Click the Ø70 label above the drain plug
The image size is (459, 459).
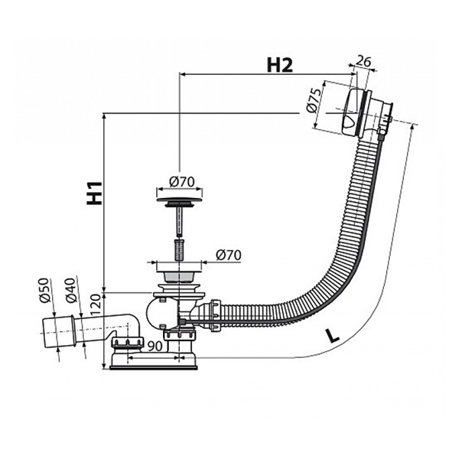(180, 181)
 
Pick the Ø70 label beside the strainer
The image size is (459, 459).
(229, 254)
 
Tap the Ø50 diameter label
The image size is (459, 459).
(45, 293)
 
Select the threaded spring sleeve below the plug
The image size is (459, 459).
(179, 249)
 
